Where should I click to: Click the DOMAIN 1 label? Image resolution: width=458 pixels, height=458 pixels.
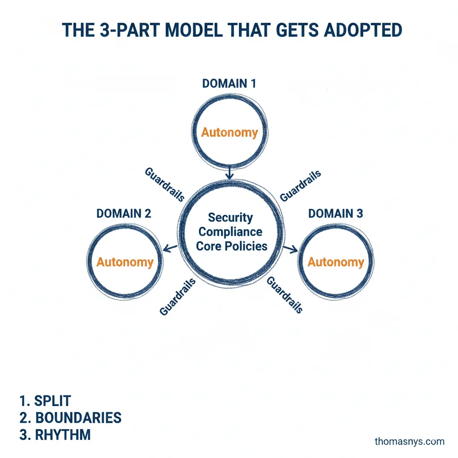coord(229,84)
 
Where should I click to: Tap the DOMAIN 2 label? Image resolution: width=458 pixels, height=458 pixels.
coord(124,213)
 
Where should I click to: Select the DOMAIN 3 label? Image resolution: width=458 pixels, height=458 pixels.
coord(335,213)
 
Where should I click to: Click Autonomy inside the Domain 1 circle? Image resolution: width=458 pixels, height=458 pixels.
coord(229,132)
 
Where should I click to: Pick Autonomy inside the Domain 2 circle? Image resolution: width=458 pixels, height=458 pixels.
coord(125,262)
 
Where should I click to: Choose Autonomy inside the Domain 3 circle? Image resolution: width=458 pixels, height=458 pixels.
coord(336,262)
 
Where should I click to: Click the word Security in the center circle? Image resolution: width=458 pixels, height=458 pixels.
coord(230,218)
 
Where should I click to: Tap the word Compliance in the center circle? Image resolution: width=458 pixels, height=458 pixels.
coord(230,232)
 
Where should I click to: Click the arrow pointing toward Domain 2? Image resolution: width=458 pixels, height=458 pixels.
coord(170,247)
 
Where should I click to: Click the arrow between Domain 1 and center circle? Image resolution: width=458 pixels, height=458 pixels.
coord(229,172)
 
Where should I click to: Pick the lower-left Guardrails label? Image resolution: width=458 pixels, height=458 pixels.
coord(178,297)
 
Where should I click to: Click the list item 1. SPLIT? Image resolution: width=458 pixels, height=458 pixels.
coord(46,400)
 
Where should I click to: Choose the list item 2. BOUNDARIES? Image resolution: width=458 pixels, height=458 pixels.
coord(71,417)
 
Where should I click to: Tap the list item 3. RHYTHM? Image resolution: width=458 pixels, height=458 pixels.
coord(55,434)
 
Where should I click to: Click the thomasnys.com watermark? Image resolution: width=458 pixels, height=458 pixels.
coord(409,441)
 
